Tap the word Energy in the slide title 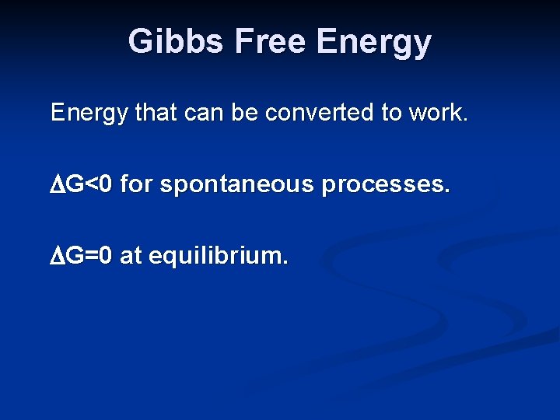coord(373,41)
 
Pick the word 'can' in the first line coord(205,114)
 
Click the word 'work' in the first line coord(436,114)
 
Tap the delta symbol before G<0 coord(58,185)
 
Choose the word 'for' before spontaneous coord(141,185)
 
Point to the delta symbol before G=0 coord(58,256)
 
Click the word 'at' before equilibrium coord(131,256)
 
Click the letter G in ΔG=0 coord(75,256)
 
